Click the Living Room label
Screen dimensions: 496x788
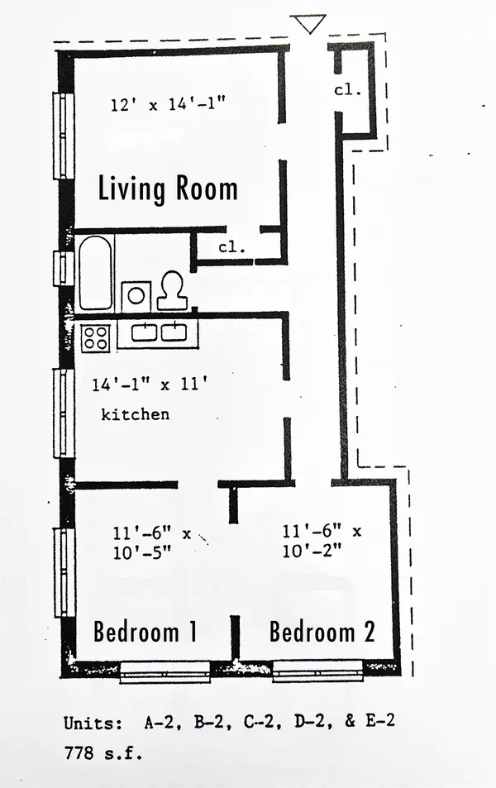tap(168, 189)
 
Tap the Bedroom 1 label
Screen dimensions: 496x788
tap(145, 632)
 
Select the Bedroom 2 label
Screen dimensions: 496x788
tap(322, 632)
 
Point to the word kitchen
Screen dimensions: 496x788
tap(136, 414)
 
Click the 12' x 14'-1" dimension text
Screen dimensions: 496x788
tap(168, 104)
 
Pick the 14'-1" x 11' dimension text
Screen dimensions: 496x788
tap(150, 385)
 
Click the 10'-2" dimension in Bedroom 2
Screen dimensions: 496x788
tap(312, 552)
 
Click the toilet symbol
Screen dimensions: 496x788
tap(173, 290)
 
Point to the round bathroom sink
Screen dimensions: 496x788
tap(136, 296)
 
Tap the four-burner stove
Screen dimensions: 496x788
tap(96, 337)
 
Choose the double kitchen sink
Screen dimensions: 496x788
tap(159, 332)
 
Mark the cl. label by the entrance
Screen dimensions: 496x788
tap(348, 90)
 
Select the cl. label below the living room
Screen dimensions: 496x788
tap(232, 247)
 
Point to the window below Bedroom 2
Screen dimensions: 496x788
tap(317, 672)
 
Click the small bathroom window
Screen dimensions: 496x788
tap(64, 269)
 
